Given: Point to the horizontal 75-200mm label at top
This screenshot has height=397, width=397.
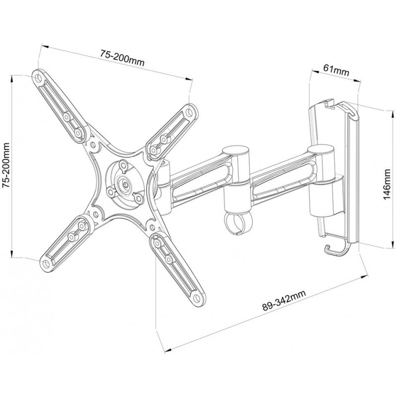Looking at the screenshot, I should pos(122,59).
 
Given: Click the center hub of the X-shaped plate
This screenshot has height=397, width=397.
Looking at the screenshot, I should pos(123,186).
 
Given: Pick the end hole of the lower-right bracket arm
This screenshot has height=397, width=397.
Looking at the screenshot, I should pos(198,297).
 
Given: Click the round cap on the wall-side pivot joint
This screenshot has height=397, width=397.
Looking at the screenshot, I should pos(319,149).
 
